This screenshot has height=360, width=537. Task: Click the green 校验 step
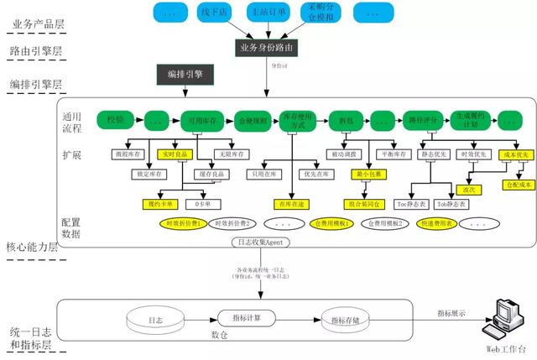point(115,121)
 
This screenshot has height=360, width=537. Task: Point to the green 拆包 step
point(344,121)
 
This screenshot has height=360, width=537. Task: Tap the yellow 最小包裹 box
point(370,175)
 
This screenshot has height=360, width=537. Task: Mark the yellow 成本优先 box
point(513,155)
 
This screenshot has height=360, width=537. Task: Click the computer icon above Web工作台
point(505,316)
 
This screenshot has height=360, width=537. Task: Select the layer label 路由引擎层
point(39,51)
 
